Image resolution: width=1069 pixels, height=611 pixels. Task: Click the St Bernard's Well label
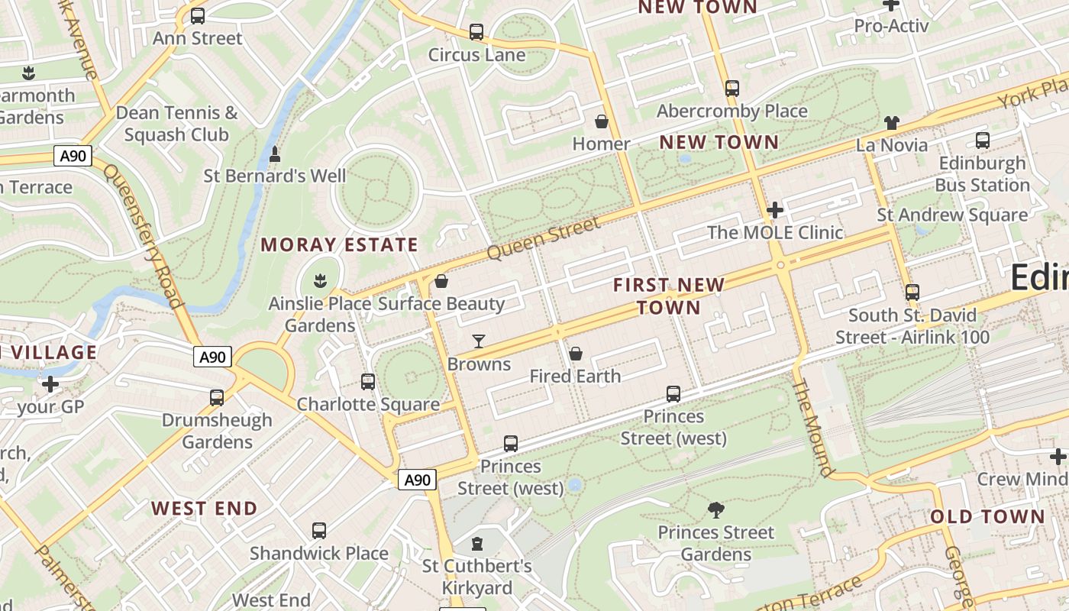274,176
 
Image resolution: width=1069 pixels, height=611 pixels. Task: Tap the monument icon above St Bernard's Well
275,154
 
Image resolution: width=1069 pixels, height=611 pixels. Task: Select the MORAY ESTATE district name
339,245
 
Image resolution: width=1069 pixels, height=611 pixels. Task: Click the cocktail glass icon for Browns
479,341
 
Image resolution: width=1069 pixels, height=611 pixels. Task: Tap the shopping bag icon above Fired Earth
576,354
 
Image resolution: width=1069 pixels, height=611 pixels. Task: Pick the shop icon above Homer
602,121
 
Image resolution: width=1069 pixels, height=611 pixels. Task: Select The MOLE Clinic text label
774,232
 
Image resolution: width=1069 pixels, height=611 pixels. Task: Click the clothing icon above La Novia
891,123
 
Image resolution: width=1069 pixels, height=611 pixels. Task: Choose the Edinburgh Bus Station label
982,174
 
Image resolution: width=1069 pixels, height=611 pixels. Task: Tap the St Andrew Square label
951,215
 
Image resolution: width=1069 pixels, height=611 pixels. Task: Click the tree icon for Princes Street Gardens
715,509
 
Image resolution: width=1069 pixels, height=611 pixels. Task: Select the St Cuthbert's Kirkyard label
477,577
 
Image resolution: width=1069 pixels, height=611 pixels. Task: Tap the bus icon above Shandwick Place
319,530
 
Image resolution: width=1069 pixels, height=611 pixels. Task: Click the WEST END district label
204,508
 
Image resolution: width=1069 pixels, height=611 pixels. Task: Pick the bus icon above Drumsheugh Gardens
217,397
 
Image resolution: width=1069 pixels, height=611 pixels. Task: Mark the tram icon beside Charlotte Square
368,382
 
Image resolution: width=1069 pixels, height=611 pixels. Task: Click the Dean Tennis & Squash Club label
176,124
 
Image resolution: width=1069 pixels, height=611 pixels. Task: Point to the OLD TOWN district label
987,516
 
